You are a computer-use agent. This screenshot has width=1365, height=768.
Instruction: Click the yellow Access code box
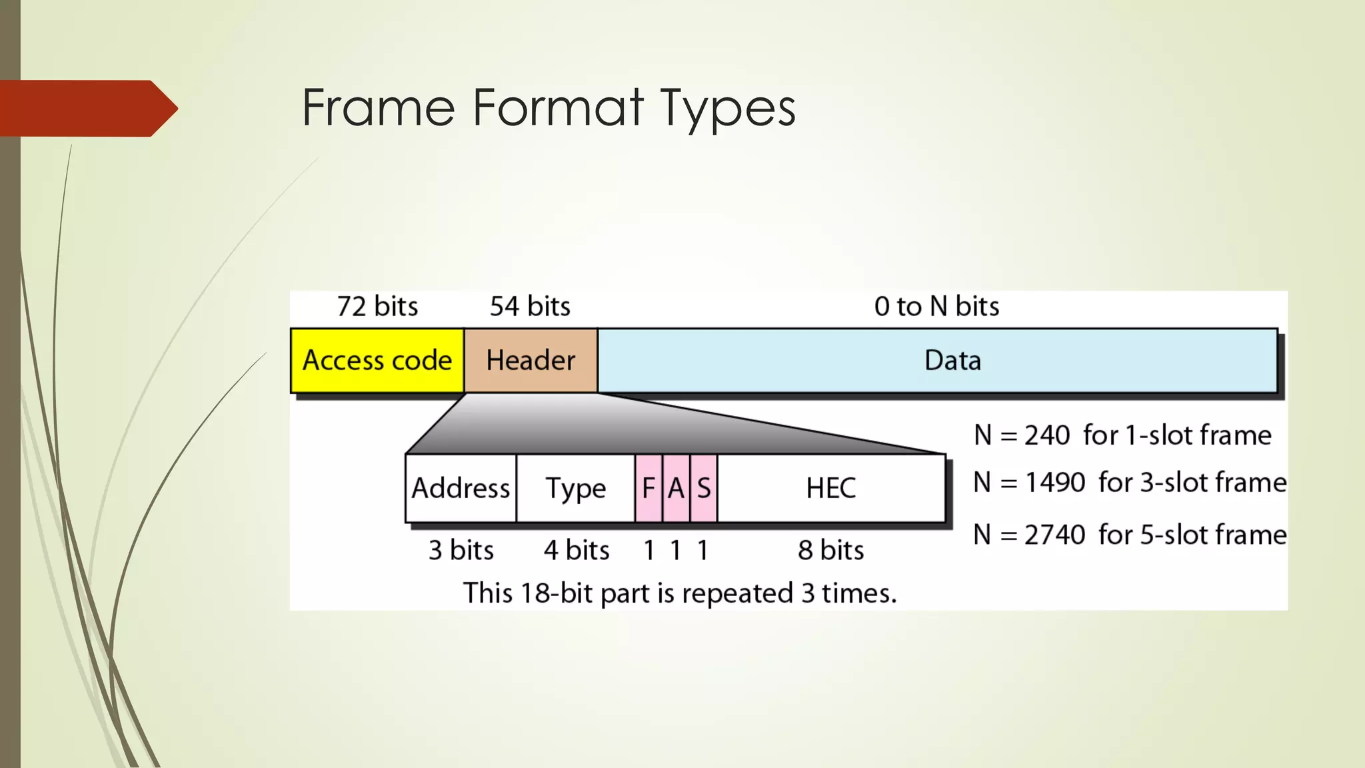tap(377, 360)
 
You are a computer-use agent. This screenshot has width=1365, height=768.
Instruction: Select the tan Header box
tap(531, 360)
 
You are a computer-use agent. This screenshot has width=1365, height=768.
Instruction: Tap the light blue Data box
tap(937, 360)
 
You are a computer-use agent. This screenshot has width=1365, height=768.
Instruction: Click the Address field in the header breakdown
tap(461, 488)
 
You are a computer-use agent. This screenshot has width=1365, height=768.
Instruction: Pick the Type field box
tap(575, 488)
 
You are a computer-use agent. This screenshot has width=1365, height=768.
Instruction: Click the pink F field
tap(649, 488)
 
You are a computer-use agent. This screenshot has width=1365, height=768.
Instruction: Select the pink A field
tap(676, 488)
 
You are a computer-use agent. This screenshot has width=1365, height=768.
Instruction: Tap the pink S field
tap(704, 488)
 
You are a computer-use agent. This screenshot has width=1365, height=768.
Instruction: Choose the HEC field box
tap(831, 488)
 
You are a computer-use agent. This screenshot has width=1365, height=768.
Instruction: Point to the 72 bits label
tap(377, 307)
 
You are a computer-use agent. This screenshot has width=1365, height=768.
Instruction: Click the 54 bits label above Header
tap(530, 307)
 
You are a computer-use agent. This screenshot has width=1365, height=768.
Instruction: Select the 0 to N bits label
tap(936, 307)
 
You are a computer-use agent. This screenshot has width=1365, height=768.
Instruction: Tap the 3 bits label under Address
tap(461, 551)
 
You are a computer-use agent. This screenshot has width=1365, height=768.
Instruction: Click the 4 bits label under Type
tap(577, 551)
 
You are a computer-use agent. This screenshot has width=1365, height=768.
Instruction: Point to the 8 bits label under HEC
tap(830, 551)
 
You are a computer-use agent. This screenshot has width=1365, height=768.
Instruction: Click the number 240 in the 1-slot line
tap(1047, 435)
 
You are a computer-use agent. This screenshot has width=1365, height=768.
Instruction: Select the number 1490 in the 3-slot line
tap(1055, 483)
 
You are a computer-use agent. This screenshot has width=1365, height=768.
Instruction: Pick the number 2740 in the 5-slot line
tap(1055, 535)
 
